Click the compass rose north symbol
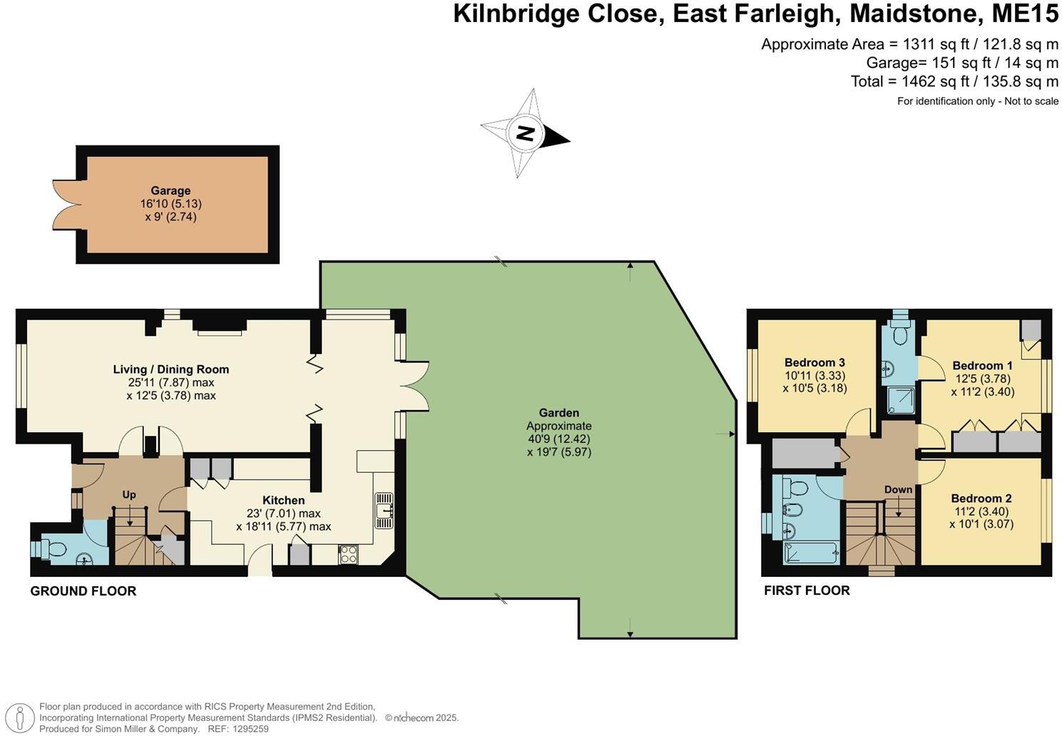click(526, 133)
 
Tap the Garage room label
click(170, 190)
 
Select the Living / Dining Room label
click(171, 369)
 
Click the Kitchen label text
click(283, 501)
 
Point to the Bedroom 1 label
click(982, 366)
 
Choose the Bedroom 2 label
click(981, 499)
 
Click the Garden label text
click(558, 413)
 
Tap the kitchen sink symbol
click(384, 510)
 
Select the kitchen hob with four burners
click(349, 554)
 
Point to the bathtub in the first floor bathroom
click(810, 553)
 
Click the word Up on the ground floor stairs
click(129, 495)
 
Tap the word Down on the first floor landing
click(898, 489)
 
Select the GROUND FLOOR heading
click(83, 591)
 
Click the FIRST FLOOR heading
click(807, 591)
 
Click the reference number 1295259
click(248, 729)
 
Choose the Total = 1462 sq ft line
click(954, 81)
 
